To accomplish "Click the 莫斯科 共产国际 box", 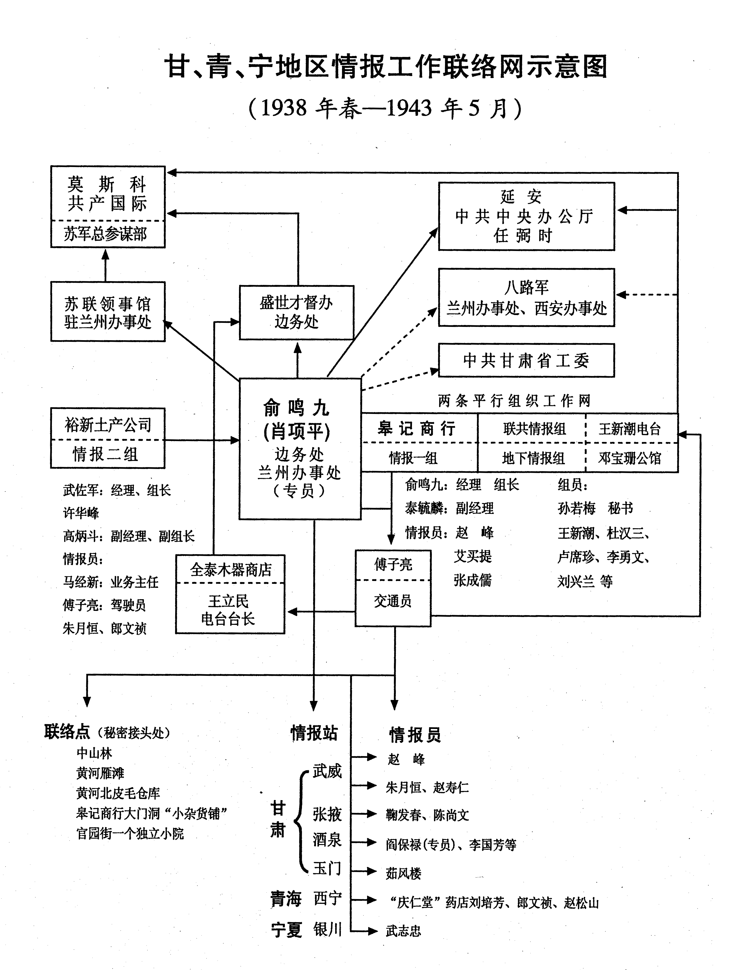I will point(108,194).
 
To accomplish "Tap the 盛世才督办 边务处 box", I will point(296,312).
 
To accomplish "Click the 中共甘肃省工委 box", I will point(526,360).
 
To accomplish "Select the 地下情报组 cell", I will point(533,458).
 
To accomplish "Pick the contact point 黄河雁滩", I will point(100,773).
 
